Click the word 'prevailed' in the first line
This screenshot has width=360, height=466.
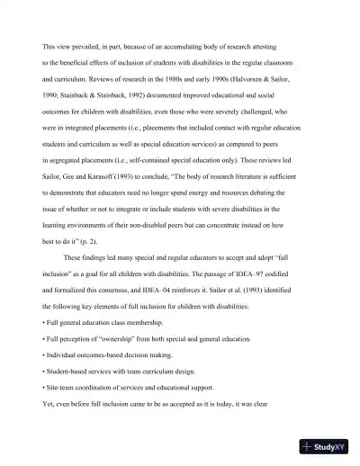(84, 44)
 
